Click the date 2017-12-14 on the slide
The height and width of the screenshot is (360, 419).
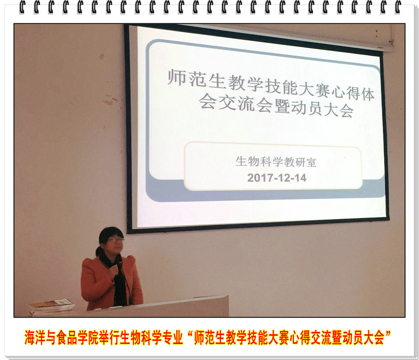277,178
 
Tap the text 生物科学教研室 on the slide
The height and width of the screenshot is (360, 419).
276,162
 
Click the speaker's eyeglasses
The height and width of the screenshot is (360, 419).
116,239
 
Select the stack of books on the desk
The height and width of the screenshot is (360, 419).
52,307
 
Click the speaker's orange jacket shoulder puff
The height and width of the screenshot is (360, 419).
131,260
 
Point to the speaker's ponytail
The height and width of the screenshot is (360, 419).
99,252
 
